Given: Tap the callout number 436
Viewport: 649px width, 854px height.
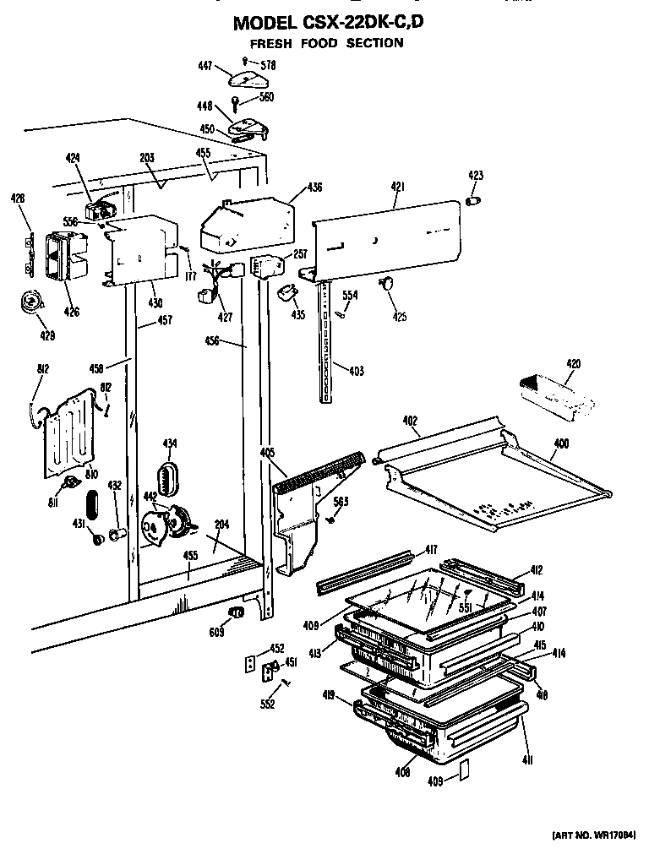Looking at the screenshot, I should [x=314, y=188].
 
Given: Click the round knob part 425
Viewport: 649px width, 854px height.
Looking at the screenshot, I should [x=388, y=284].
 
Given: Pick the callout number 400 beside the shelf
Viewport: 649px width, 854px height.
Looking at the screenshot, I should [x=561, y=443].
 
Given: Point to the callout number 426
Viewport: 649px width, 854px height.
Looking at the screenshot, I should [x=71, y=313].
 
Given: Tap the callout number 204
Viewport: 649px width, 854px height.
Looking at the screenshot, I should [x=221, y=525].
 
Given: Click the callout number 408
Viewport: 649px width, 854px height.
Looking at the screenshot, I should [x=403, y=772].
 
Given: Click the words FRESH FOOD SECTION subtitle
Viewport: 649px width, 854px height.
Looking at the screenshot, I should [x=326, y=43].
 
